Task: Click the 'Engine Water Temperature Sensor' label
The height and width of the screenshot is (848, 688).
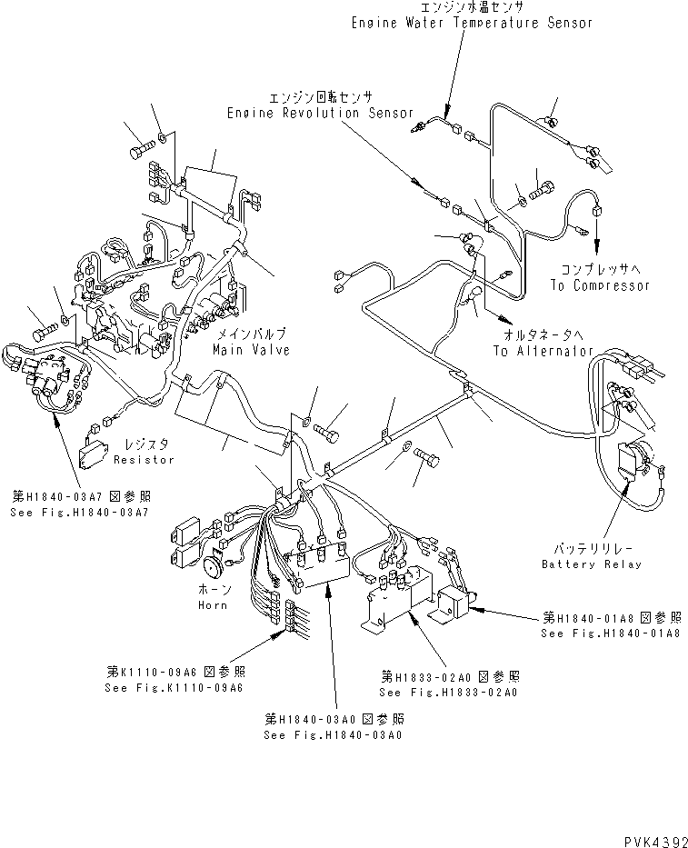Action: pyautogui.click(x=472, y=23)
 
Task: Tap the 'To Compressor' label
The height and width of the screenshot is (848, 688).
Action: pyautogui.click(x=600, y=285)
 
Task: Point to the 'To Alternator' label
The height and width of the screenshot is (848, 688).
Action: pyautogui.click(x=543, y=351)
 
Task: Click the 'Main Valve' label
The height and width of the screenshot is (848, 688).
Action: pyautogui.click(x=251, y=350)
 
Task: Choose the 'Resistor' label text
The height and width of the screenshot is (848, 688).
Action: pyautogui.click(x=144, y=460)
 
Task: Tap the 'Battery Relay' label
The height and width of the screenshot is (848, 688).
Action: pyautogui.click(x=591, y=564)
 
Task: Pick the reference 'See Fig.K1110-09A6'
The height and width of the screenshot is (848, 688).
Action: pyautogui.click(x=174, y=687)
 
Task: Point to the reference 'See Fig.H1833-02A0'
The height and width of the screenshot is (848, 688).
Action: pyautogui.click(x=449, y=693)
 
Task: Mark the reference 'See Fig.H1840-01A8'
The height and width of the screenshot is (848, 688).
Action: pyautogui.click(x=610, y=633)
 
